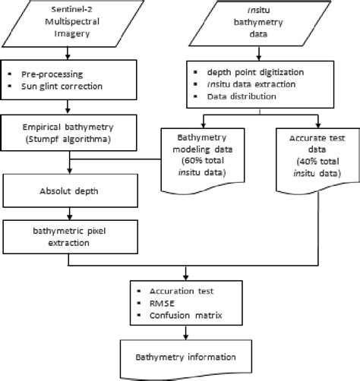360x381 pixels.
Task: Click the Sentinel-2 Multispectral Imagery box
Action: click(69, 22)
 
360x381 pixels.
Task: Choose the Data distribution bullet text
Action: click(252, 96)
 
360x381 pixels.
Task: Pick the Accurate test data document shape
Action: click(313, 156)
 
